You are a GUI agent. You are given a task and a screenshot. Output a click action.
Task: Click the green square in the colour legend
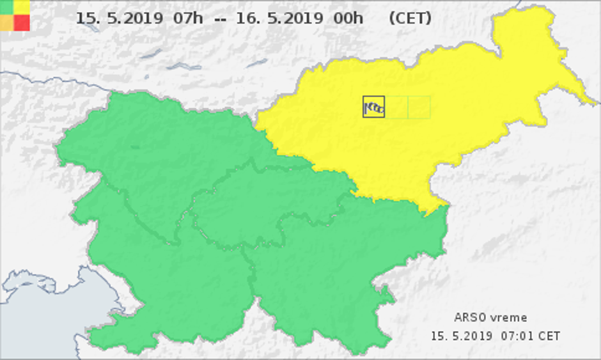pyautogui.click(x=6, y=6)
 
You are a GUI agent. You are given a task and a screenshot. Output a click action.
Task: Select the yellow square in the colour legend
pyautogui.click(x=22, y=6)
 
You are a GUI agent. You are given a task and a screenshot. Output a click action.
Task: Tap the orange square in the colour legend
pyautogui.click(x=6, y=22)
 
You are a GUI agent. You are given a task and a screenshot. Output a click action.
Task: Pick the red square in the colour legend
pyautogui.click(x=22, y=22)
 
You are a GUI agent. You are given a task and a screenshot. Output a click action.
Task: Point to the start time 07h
pyautogui.click(x=188, y=18)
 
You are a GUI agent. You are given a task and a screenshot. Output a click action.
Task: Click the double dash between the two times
pyautogui.click(x=219, y=19)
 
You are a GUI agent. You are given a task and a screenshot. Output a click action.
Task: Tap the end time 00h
pyautogui.click(x=348, y=18)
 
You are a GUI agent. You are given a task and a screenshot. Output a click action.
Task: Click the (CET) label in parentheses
pyautogui.click(x=410, y=18)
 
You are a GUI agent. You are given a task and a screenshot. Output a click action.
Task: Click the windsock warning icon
pyautogui.click(x=374, y=107)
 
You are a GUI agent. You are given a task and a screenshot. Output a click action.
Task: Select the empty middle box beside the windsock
pyautogui.click(x=396, y=107)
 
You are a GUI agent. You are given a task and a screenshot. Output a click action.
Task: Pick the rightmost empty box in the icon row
pyautogui.click(x=419, y=107)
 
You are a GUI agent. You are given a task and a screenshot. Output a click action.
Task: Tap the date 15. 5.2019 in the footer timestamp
pyautogui.click(x=461, y=336)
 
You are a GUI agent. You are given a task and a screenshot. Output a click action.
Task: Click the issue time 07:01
pyautogui.click(x=517, y=336)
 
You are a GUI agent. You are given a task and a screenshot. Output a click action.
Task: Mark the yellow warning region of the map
pyautogui.click(x=448, y=128)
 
